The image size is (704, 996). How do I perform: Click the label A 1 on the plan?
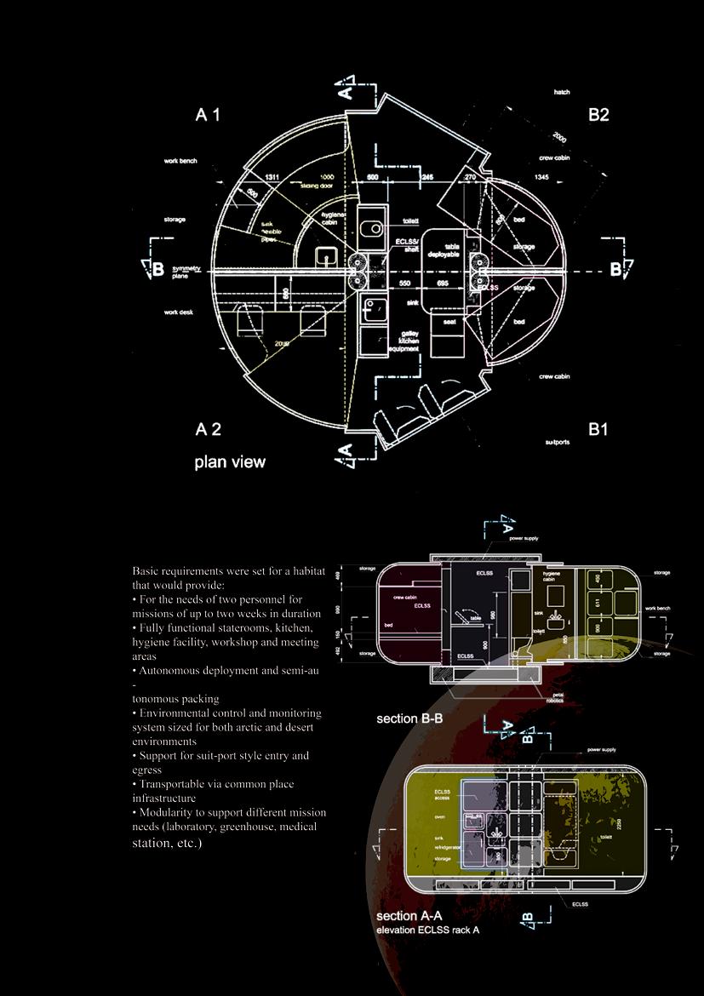coord(208,115)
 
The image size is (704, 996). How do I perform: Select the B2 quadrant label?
coord(598,115)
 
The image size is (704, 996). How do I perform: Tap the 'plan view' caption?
coord(230,462)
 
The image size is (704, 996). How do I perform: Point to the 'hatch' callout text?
coord(562,92)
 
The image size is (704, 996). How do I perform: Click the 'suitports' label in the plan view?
coord(558,443)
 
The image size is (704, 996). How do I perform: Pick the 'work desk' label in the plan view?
coord(179,312)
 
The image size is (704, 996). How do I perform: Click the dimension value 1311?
coord(272,177)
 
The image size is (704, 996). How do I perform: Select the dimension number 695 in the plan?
coord(443,283)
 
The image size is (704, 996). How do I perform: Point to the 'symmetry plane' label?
coord(186,272)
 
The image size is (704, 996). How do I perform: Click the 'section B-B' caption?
coord(409,718)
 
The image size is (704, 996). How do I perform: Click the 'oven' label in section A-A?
coord(439,816)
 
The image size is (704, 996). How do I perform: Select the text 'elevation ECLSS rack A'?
coord(427,930)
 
